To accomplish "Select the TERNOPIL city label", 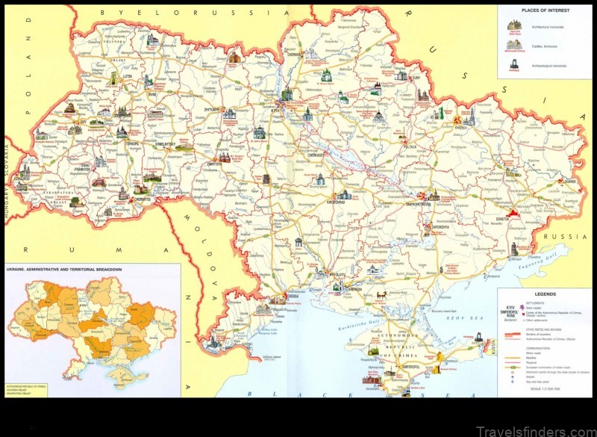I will pos(111,143).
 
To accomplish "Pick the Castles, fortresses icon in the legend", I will pos(513,45).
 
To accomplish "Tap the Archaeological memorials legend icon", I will pos(513,66).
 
